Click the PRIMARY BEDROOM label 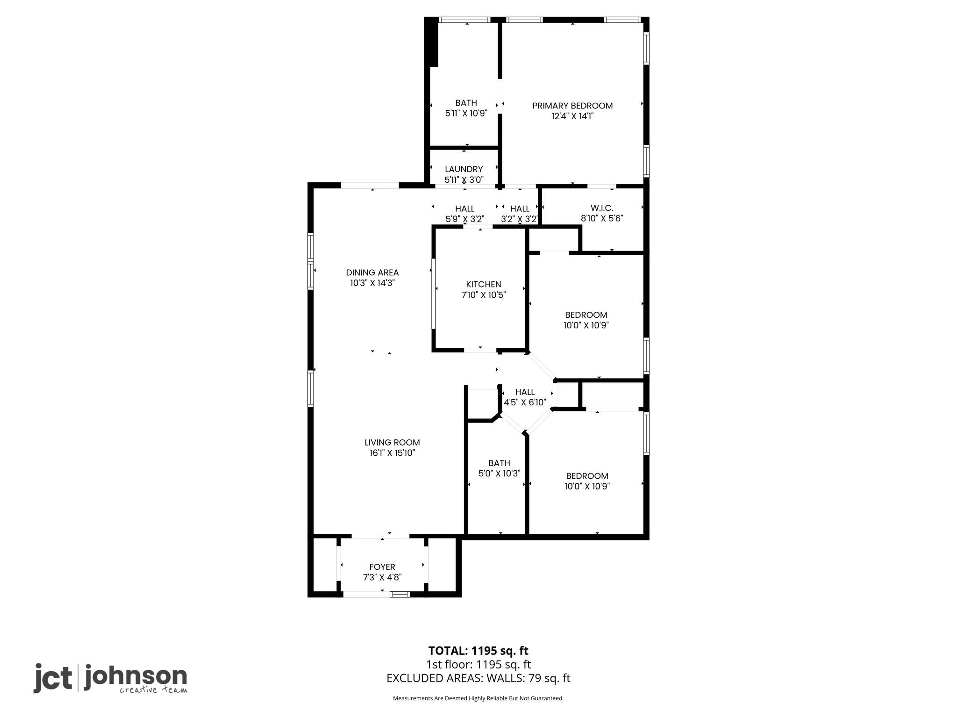pos(572,106)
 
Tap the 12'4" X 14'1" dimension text pos(572,116)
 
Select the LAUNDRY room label pos(464,169)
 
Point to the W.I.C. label pos(602,208)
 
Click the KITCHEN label pos(483,284)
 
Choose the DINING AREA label pos(372,273)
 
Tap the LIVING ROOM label pos(392,442)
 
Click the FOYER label pos(382,567)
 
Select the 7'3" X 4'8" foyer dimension pos(382,577)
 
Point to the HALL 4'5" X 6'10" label pos(525,392)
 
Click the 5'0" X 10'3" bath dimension pos(499,474)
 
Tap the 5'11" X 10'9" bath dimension pos(466,113)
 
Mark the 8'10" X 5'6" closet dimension pos(602,218)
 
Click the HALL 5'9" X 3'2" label pos(464,209)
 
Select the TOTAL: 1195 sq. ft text pos(478,651)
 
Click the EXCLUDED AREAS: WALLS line pos(478,678)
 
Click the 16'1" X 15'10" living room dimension pos(392,453)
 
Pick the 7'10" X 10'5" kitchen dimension pos(483,295)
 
